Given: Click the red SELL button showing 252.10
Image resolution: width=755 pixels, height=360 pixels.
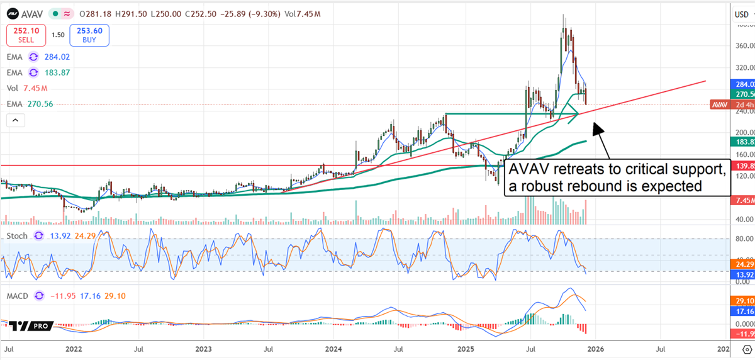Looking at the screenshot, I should pos(26,35).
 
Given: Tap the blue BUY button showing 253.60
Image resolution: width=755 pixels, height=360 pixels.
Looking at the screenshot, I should pos(89,35).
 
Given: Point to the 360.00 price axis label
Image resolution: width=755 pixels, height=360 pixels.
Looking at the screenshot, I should pos(744,46).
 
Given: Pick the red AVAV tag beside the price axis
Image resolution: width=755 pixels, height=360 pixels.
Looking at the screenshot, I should pos(721,104).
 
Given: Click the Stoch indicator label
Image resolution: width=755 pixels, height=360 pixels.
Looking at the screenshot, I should pos(17,236).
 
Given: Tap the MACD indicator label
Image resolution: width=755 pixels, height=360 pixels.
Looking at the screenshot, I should pos(17,295).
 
